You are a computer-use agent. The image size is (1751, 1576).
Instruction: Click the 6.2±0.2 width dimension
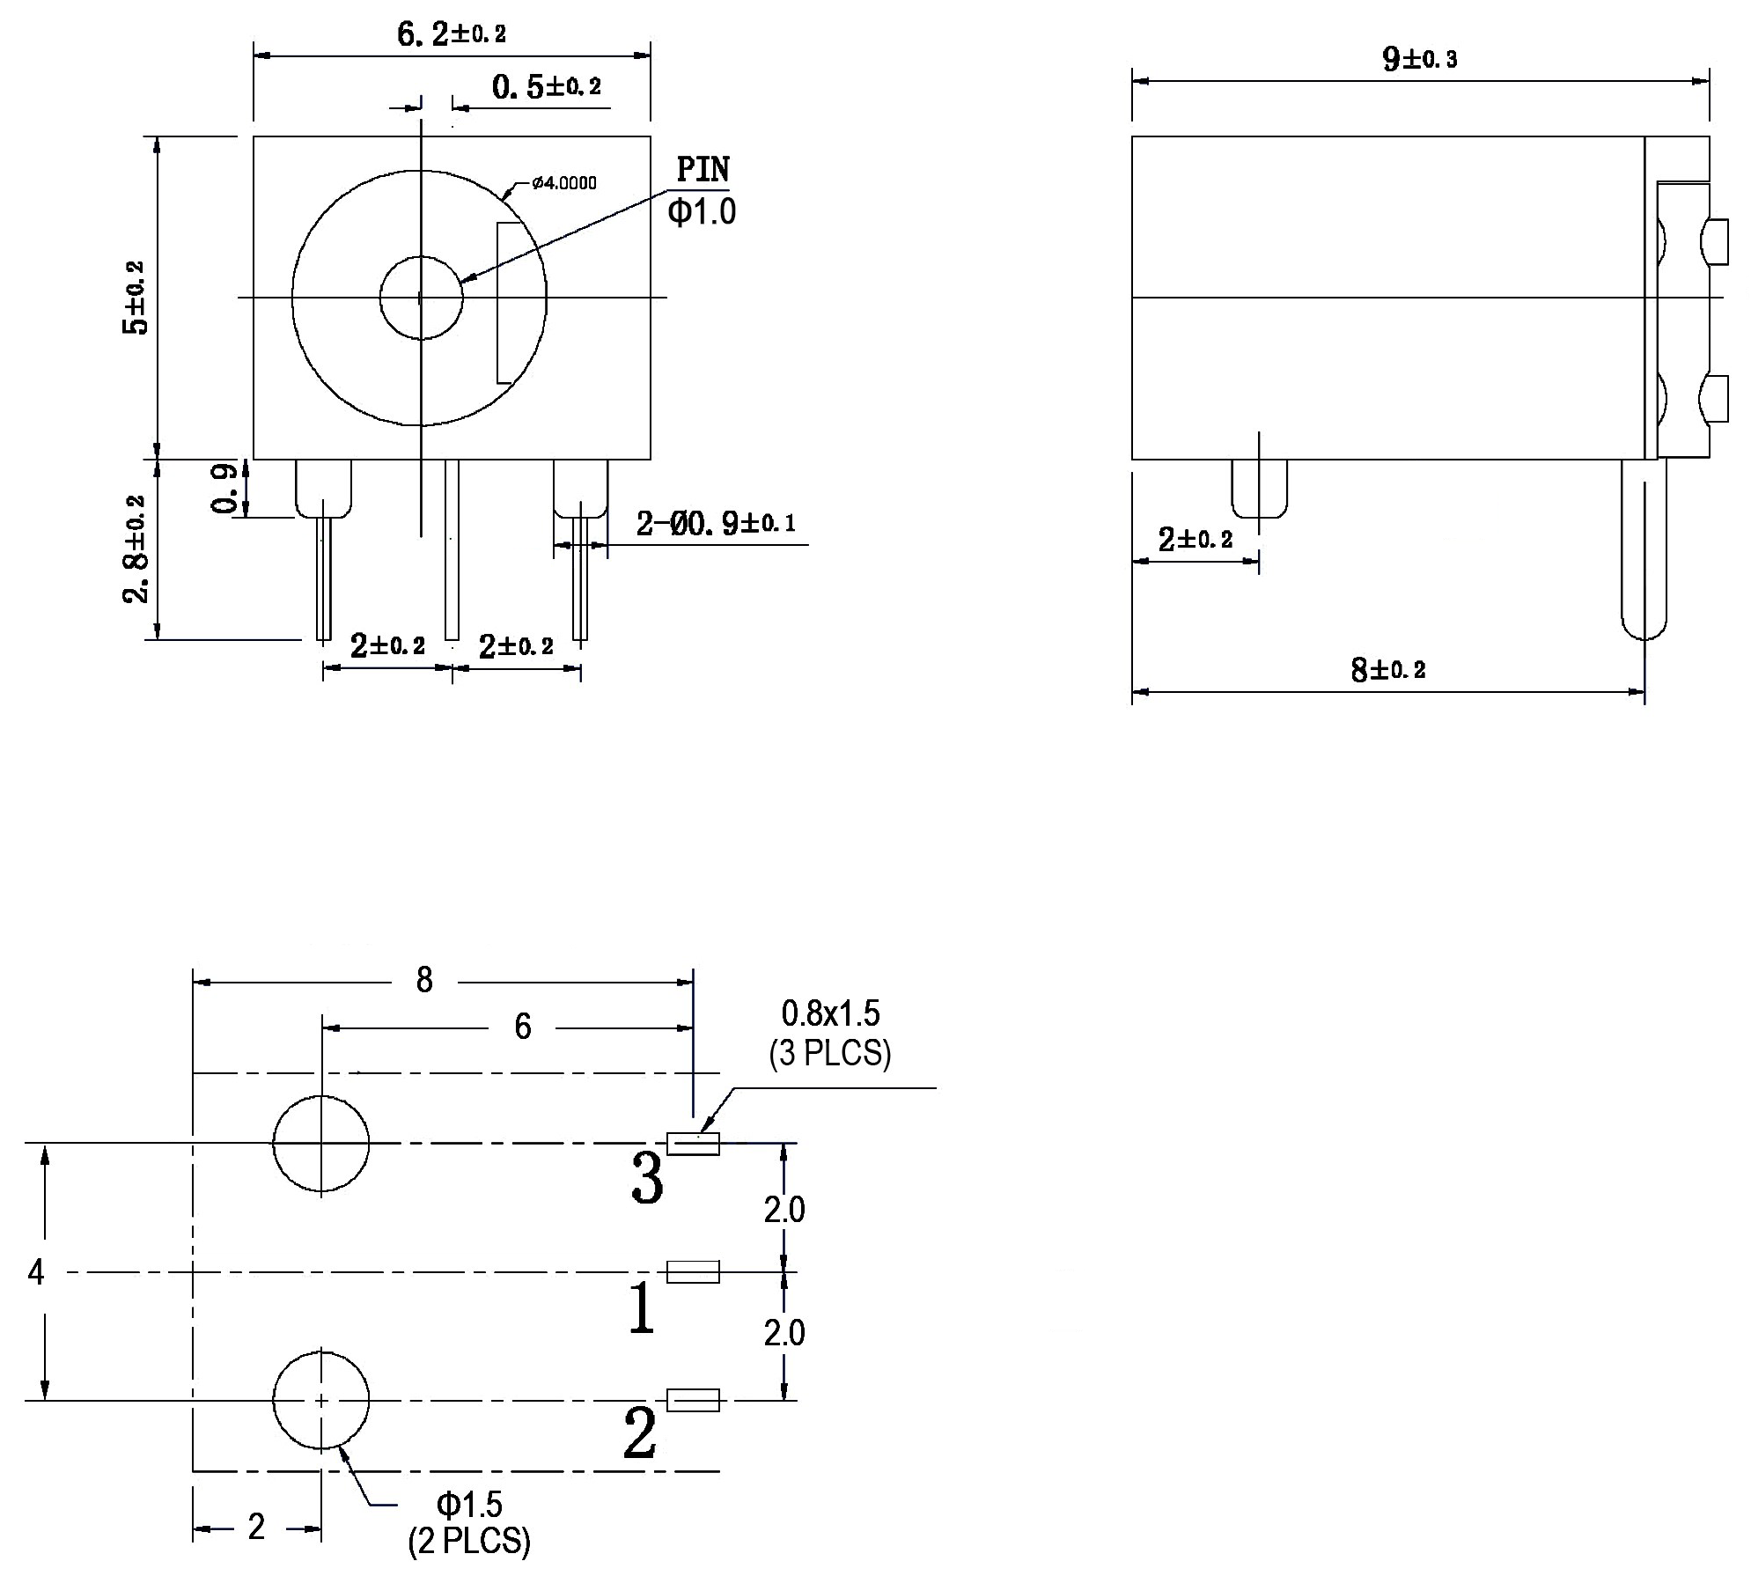click(451, 34)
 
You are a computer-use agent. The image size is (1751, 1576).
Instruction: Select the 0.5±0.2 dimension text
click(546, 86)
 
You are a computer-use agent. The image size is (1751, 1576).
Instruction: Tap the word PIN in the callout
click(703, 169)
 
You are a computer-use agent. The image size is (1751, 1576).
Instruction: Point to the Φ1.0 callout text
click(702, 212)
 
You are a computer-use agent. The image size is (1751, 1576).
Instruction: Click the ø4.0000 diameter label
click(563, 182)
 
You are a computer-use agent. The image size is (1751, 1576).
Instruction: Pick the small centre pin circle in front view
click(421, 298)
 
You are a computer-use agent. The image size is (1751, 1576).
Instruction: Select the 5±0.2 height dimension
click(136, 298)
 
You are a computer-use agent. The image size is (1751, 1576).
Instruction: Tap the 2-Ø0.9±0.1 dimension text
click(716, 524)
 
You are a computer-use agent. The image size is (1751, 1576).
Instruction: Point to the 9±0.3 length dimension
click(1419, 59)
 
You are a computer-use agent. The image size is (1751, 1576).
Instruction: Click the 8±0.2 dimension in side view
click(1387, 670)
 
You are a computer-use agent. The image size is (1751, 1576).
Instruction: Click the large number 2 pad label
click(640, 1433)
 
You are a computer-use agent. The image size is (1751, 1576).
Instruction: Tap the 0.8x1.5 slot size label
click(830, 1013)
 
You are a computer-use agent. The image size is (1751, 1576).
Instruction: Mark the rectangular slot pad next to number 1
click(693, 1271)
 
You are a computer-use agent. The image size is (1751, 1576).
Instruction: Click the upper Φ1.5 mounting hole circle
click(321, 1143)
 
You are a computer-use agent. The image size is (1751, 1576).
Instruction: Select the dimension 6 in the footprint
click(523, 1027)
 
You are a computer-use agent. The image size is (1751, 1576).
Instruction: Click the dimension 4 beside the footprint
click(36, 1271)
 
